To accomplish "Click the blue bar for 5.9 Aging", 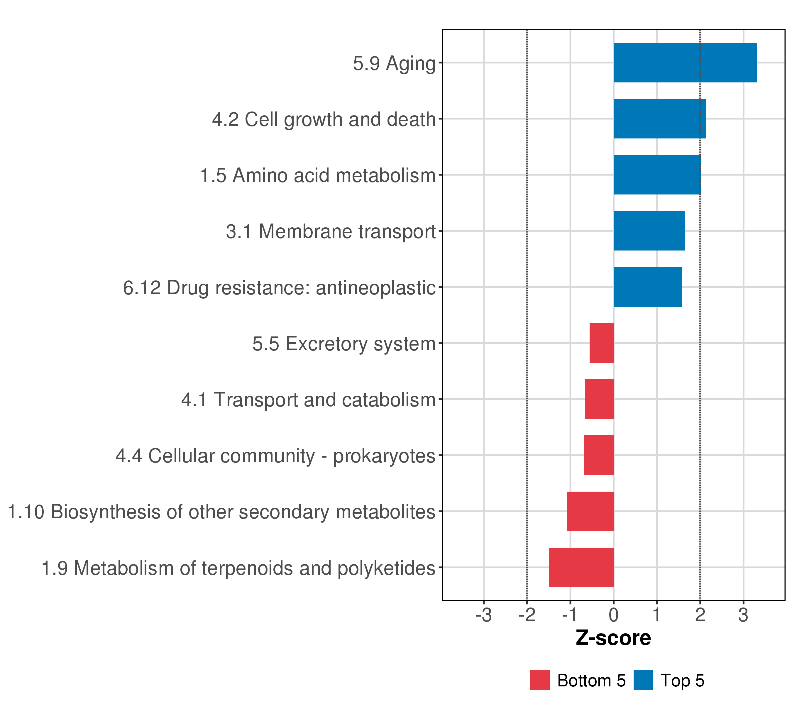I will click(685, 63).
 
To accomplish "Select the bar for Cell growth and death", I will click(659, 119).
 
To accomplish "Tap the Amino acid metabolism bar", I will click(657, 175).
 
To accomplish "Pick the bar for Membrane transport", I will click(649, 231).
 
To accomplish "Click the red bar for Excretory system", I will click(601, 343).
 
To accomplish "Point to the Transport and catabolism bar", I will click(599, 399).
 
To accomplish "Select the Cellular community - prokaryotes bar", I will click(599, 455).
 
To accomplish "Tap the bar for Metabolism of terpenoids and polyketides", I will click(581, 567).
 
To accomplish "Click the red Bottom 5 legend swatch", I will click(540, 680).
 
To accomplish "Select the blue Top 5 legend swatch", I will click(643, 680).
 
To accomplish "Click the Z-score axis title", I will click(613, 638).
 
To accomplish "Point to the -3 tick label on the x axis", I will click(484, 615).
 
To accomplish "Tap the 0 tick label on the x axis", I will click(613, 615).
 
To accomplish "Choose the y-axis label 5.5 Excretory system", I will click(344, 344).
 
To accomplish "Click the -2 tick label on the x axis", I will click(527, 615).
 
